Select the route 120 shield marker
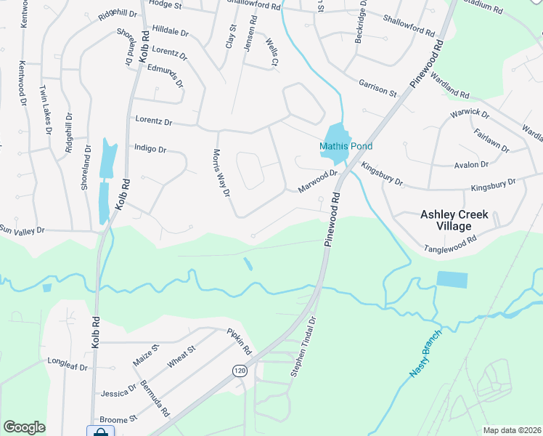coord(239,371)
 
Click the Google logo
coord(24,427)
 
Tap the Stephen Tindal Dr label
coord(303,346)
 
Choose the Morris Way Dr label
coord(221,174)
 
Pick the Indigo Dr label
coord(150,148)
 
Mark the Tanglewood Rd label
coord(450,244)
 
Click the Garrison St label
coord(377,88)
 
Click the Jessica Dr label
coord(119,391)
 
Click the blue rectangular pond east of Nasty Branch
coord(453,280)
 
